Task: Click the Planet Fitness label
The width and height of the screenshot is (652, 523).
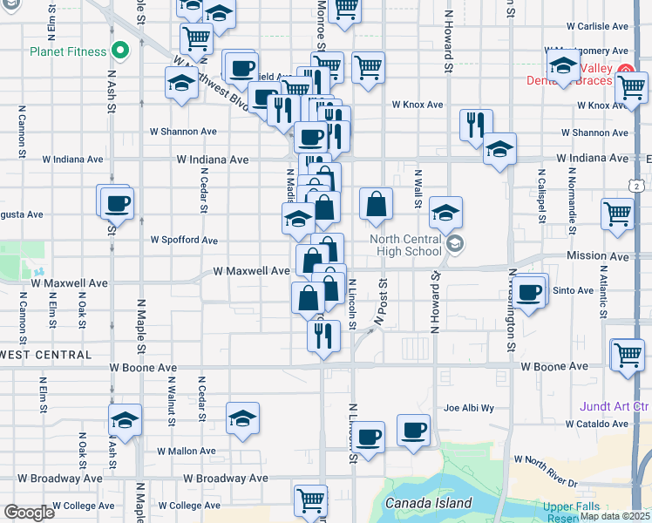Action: [68, 51]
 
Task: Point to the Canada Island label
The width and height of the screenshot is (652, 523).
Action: [427, 503]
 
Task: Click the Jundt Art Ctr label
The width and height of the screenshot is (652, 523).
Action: [615, 406]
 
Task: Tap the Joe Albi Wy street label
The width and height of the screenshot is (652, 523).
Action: [468, 407]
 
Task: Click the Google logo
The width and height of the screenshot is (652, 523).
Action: [29, 513]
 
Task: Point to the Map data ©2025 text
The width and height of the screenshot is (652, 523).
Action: [614, 516]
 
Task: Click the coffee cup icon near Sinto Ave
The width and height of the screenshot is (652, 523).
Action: [528, 292]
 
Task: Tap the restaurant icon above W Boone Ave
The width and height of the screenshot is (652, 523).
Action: [323, 335]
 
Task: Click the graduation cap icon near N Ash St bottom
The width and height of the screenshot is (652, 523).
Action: [125, 421]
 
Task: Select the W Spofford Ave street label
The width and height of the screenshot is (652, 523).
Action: [184, 240]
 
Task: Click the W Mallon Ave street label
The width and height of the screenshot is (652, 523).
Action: [186, 452]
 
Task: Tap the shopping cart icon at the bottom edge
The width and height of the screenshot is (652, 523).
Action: [310, 501]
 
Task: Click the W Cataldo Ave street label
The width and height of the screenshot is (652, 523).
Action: [596, 424]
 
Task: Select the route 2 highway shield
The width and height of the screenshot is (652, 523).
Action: [639, 186]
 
